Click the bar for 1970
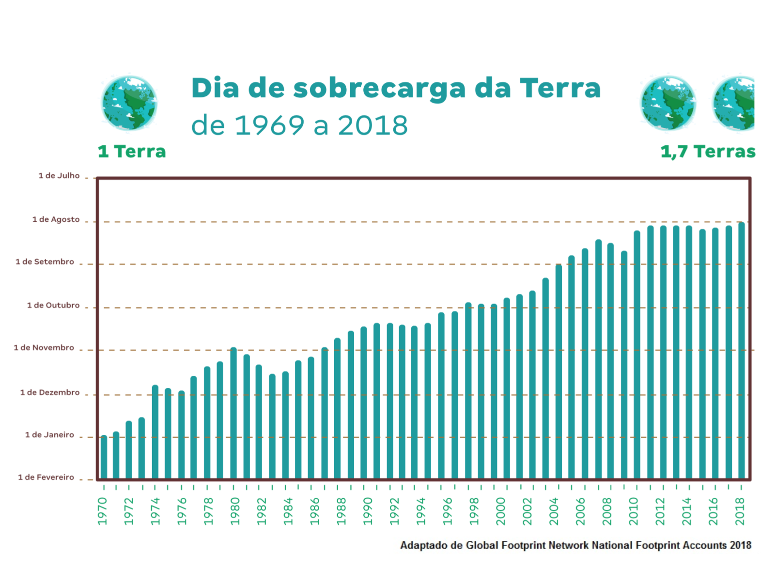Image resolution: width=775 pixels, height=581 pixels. (x=104, y=458)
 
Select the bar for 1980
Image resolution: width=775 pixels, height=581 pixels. (x=233, y=413)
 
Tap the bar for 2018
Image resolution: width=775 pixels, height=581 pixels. (x=741, y=351)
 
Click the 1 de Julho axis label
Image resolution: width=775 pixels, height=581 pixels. (x=59, y=176)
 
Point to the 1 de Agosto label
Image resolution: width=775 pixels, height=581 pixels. (x=56, y=219)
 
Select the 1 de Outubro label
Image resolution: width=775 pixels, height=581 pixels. (x=53, y=306)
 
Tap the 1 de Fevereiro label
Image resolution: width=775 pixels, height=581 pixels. (x=46, y=477)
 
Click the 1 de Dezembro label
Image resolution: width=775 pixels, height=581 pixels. (x=50, y=393)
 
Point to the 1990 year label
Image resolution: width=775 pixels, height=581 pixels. (x=368, y=511)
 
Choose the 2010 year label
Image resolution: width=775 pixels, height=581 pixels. (x=634, y=511)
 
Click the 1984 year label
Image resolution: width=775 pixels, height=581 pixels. (x=288, y=511)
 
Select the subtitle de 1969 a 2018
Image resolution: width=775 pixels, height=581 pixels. (x=299, y=126)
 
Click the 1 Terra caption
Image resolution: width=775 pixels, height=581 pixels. (x=132, y=152)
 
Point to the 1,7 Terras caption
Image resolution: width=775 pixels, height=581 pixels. (x=708, y=152)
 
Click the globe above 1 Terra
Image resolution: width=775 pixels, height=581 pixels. (x=129, y=103)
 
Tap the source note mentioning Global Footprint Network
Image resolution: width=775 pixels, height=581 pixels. (x=575, y=546)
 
